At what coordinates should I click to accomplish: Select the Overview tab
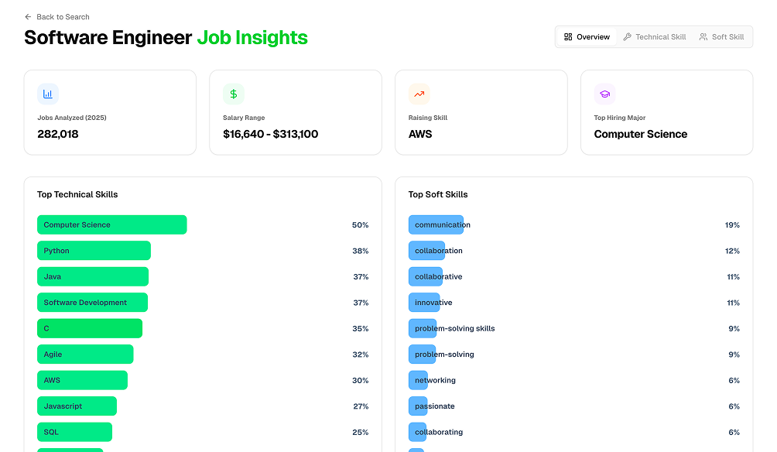coord(587,37)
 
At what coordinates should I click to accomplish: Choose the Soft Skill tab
coord(721,37)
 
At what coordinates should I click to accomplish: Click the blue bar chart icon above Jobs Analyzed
coord(48,94)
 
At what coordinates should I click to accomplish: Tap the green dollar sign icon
coord(234,94)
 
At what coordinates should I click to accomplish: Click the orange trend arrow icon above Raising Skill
coord(419,94)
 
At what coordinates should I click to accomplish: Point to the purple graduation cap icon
coord(604,94)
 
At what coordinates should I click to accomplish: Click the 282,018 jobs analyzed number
coord(58,134)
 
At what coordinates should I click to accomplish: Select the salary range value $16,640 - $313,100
coord(270,134)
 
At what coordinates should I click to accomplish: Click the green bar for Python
coord(94,251)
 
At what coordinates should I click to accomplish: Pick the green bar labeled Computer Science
coord(111,225)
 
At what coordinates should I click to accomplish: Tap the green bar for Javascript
coord(77,406)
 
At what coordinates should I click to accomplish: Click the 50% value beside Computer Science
coord(360,225)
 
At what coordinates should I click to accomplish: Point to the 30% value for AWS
coord(360,381)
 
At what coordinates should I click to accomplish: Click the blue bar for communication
coord(436,225)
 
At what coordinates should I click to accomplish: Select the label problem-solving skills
coord(455,329)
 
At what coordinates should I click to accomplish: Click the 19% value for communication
coord(732,225)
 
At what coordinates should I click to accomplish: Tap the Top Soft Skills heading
coord(438,195)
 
